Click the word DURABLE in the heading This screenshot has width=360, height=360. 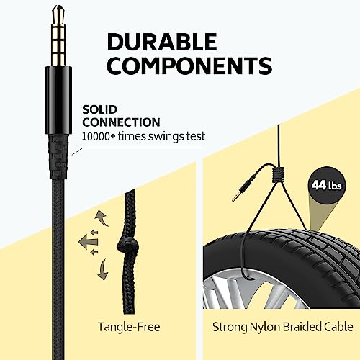click(x=162, y=42)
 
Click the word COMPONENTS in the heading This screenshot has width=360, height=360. click(x=189, y=66)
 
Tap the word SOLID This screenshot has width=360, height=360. click(x=99, y=109)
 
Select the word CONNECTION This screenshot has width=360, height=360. click(x=121, y=122)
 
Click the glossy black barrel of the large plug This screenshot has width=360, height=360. click(x=58, y=100)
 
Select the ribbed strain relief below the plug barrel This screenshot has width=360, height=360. click(x=58, y=157)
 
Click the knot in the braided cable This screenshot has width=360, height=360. click(x=128, y=246)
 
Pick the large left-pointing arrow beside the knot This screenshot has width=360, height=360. click(x=88, y=242)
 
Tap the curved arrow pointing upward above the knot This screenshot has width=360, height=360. click(x=102, y=217)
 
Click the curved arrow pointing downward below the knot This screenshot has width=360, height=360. click(x=103, y=269)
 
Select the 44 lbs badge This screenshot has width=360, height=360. click(x=326, y=185)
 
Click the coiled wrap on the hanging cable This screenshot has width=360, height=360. click(x=279, y=174)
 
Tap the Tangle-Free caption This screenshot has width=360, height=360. click(x=129, y=327)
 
